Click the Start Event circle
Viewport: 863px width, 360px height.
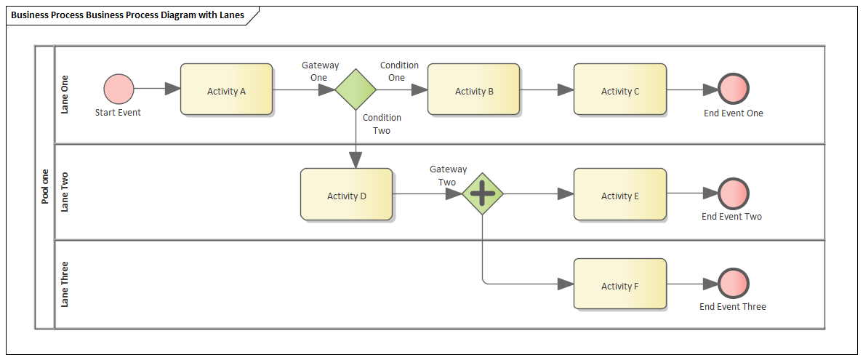119,89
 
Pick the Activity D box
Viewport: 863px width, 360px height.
346,194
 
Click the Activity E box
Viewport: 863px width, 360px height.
619,194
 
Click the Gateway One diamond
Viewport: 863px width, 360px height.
356,89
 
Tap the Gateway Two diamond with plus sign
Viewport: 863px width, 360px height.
483,193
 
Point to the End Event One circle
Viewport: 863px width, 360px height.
734,89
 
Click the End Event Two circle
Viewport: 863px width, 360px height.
733,193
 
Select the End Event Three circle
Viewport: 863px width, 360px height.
733,284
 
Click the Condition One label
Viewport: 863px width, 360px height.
398,71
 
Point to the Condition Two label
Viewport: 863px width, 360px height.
382,124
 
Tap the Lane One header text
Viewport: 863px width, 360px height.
65,95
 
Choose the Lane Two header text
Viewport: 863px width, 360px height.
65,192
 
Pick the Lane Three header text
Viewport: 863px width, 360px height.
65,284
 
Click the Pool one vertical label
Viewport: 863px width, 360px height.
44,186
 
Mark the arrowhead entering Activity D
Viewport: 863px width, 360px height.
356,160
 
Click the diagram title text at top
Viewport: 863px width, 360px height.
128,15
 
